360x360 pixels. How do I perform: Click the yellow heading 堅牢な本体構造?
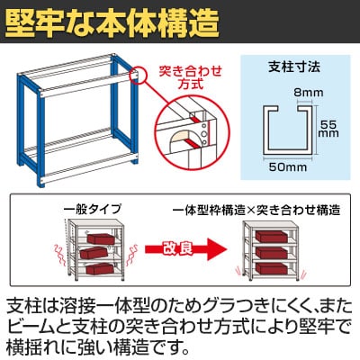click(112, 23)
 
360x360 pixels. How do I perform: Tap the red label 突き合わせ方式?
click(191, 77)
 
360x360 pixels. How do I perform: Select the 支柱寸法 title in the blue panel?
click(294, 67)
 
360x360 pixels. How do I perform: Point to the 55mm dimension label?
click(328, 129)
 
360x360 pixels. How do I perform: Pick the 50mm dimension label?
click(288, 166)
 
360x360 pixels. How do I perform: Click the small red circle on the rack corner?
click(138, 75)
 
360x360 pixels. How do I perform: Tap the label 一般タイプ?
click(93, 209)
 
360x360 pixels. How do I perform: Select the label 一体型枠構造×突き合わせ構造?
click(256, 210)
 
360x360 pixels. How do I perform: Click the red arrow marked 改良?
click(185, 249)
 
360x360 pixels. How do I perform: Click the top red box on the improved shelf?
click(271, 237)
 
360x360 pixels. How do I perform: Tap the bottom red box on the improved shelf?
click(271, 268)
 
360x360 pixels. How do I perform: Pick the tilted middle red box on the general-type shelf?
click(94, 253)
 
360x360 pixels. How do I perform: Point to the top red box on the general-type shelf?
click(101, 239)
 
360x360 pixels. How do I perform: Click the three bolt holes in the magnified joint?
click(204, 133)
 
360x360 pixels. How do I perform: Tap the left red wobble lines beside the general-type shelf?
click(59, 255)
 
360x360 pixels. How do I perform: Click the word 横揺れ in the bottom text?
click(32, 346)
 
